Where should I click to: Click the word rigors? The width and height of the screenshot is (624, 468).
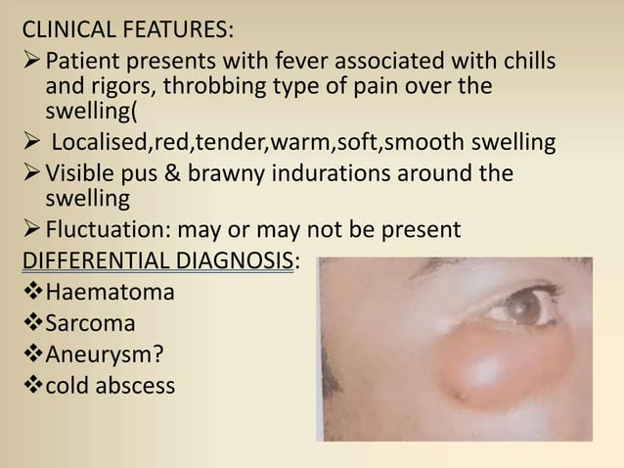pos(118,88)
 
